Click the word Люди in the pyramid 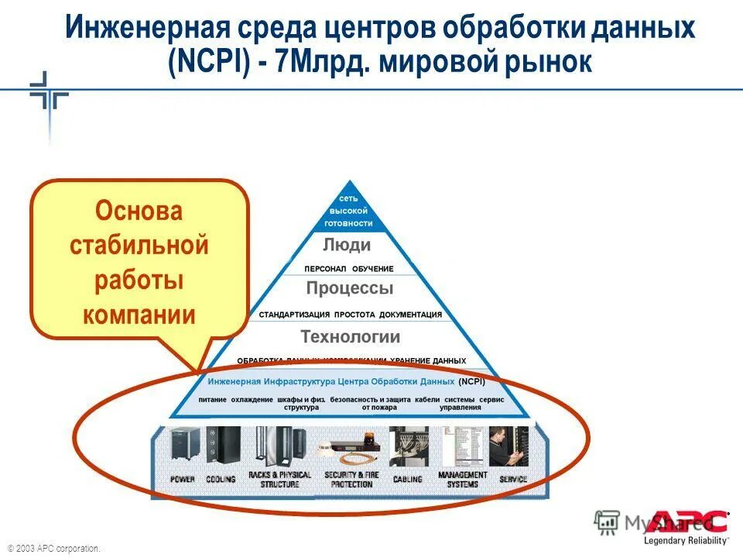tap(347, 246)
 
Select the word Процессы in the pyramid tap(349, 289)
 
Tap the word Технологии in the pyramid tap(350, 337)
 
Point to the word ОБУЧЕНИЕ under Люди tap(373, 269)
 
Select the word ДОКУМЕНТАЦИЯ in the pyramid tap(410, 315)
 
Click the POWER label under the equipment tap(183, 480)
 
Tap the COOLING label tap(221, 480)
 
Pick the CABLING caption tap(407, 480)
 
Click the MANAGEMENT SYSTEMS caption tap(462, 480)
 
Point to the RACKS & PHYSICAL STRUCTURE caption tap(279, 480)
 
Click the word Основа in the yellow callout tap(139, 212)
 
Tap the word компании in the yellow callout tap(139, 315)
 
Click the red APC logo tap(690, 522)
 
